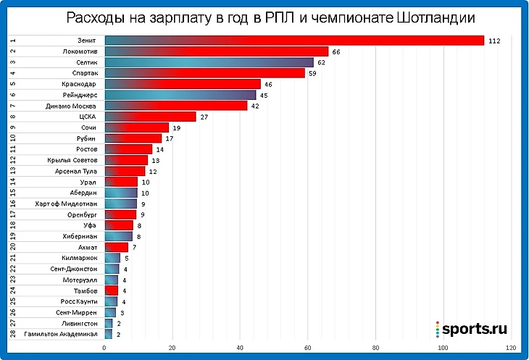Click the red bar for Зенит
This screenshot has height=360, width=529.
(293, 41)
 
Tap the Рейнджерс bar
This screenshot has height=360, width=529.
(180, 95)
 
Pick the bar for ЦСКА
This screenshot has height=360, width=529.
(150, 117)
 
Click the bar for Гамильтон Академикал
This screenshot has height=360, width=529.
(108, 335)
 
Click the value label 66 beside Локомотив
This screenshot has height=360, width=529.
(336, 51)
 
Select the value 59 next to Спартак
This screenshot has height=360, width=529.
(312, 73)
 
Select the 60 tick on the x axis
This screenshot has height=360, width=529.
(308, 348)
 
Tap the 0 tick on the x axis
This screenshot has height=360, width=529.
(105, 348)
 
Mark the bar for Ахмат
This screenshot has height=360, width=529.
(116, 247)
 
